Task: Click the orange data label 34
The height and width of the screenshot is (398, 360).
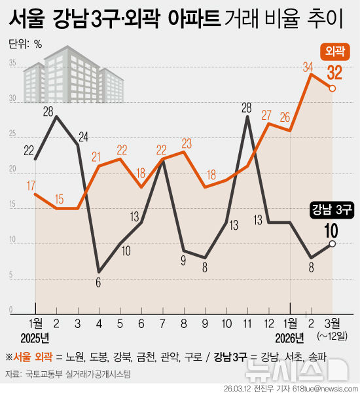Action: [308, 66]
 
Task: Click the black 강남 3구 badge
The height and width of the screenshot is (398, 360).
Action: [332, 209]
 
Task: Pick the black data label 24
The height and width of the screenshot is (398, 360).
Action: [84, 137]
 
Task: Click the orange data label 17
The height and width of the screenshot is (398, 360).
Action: [31, 185]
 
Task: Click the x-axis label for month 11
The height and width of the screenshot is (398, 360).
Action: [246, 323]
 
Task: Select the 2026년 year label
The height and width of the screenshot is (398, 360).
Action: [289, 338]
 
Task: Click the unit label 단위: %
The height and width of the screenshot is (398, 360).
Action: [26, 45]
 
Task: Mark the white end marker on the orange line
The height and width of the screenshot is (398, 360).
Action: [333, 88]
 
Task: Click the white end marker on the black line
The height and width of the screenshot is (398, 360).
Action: [333, 244]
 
